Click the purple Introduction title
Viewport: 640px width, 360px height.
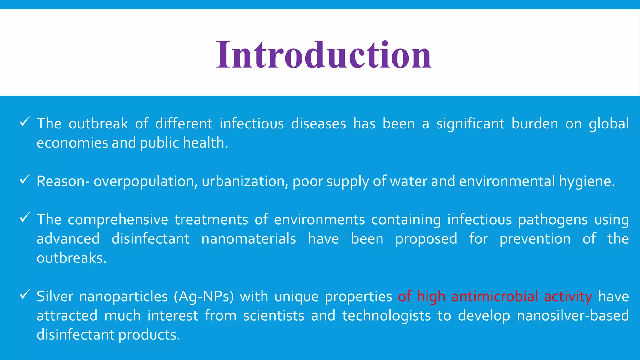[x=324, y=55]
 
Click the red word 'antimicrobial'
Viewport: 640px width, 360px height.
[x=495, y=296]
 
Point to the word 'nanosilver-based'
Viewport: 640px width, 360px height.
[x=573, y=316]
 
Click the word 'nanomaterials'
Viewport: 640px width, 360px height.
[x=249, y=239]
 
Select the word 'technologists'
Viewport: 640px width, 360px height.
[x=386, y=316]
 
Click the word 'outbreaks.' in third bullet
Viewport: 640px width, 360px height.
[x=72, y=258]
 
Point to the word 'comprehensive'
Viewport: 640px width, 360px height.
[x=118, y=220]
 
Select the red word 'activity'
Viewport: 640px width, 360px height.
[x=568, y=296]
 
